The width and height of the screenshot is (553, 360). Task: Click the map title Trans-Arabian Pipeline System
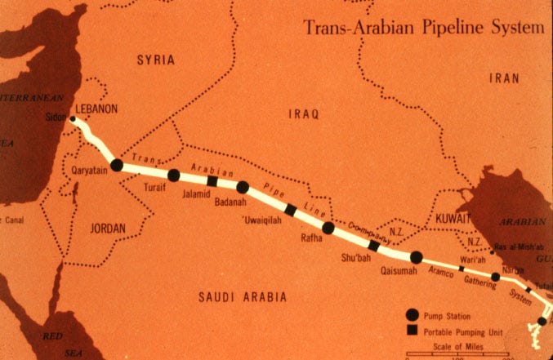point(423,27)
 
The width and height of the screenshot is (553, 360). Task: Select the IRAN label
point(504,78)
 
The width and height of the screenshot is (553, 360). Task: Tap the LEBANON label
point(97,108)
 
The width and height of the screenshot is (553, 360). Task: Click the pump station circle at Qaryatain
point(117,165)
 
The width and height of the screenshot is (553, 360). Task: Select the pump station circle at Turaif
point(173,175)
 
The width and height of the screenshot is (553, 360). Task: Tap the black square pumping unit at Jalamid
point(212,181)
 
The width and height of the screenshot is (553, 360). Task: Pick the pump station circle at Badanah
point(243,187)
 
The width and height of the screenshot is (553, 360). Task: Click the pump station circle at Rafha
point(328,228)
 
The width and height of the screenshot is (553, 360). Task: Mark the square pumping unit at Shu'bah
point(374,246)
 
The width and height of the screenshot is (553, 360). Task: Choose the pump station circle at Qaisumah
point(416,257)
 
